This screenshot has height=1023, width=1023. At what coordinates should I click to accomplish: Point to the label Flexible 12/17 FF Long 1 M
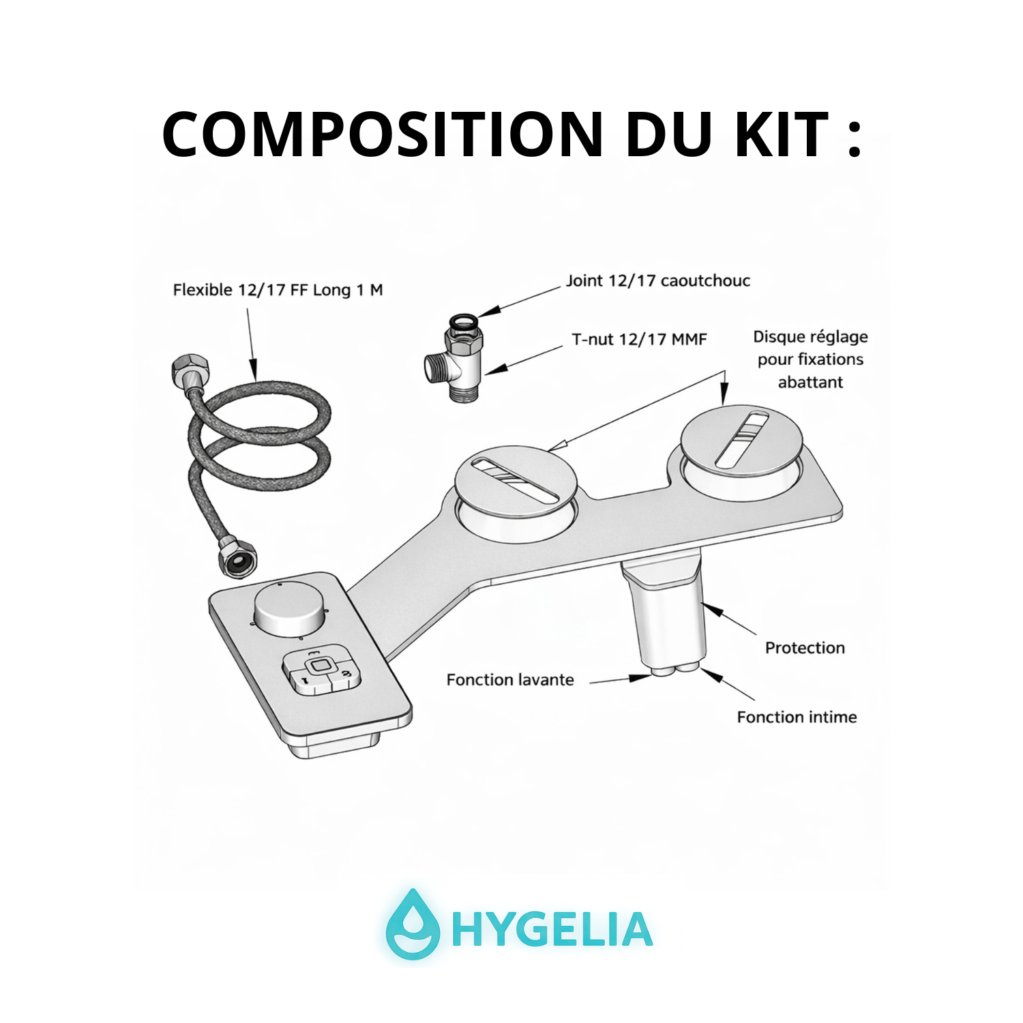coord(278,290)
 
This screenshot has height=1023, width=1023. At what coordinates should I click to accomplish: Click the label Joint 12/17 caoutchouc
coord(658,280)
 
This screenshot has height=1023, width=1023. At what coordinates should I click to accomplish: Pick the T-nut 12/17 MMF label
coord(639,339)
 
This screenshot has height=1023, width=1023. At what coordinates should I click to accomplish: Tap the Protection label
coord(805,648)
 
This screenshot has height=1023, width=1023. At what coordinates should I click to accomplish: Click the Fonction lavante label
coord(510,680)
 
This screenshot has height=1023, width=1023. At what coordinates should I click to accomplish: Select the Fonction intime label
coord(797,717)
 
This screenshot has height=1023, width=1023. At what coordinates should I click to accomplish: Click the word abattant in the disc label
coord(810,382)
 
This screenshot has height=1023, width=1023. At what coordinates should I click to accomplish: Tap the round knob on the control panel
coord(289,609)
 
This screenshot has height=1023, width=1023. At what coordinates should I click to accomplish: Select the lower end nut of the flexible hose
coord(237,556)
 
